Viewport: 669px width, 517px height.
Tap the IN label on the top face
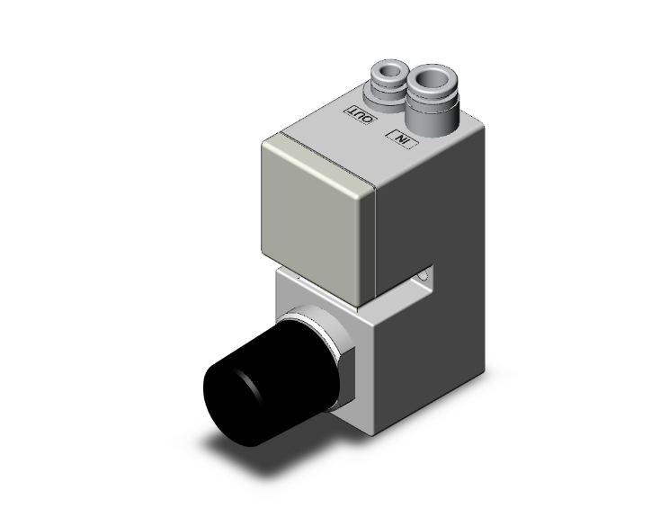tap(400, 138)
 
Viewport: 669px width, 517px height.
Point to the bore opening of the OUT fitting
tap(389, 67)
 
